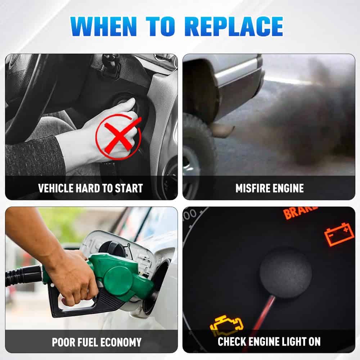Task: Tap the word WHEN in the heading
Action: tap(104, 26)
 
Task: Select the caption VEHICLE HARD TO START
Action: tap(90, 188)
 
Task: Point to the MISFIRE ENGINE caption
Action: tap(270, 188)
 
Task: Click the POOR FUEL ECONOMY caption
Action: tap(96, 342)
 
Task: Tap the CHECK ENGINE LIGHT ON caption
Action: tap(269, 341)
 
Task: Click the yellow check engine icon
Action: tap(226, 325)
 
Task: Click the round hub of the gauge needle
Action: tap(286, 273)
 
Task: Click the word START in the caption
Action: tap(129, 188)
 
